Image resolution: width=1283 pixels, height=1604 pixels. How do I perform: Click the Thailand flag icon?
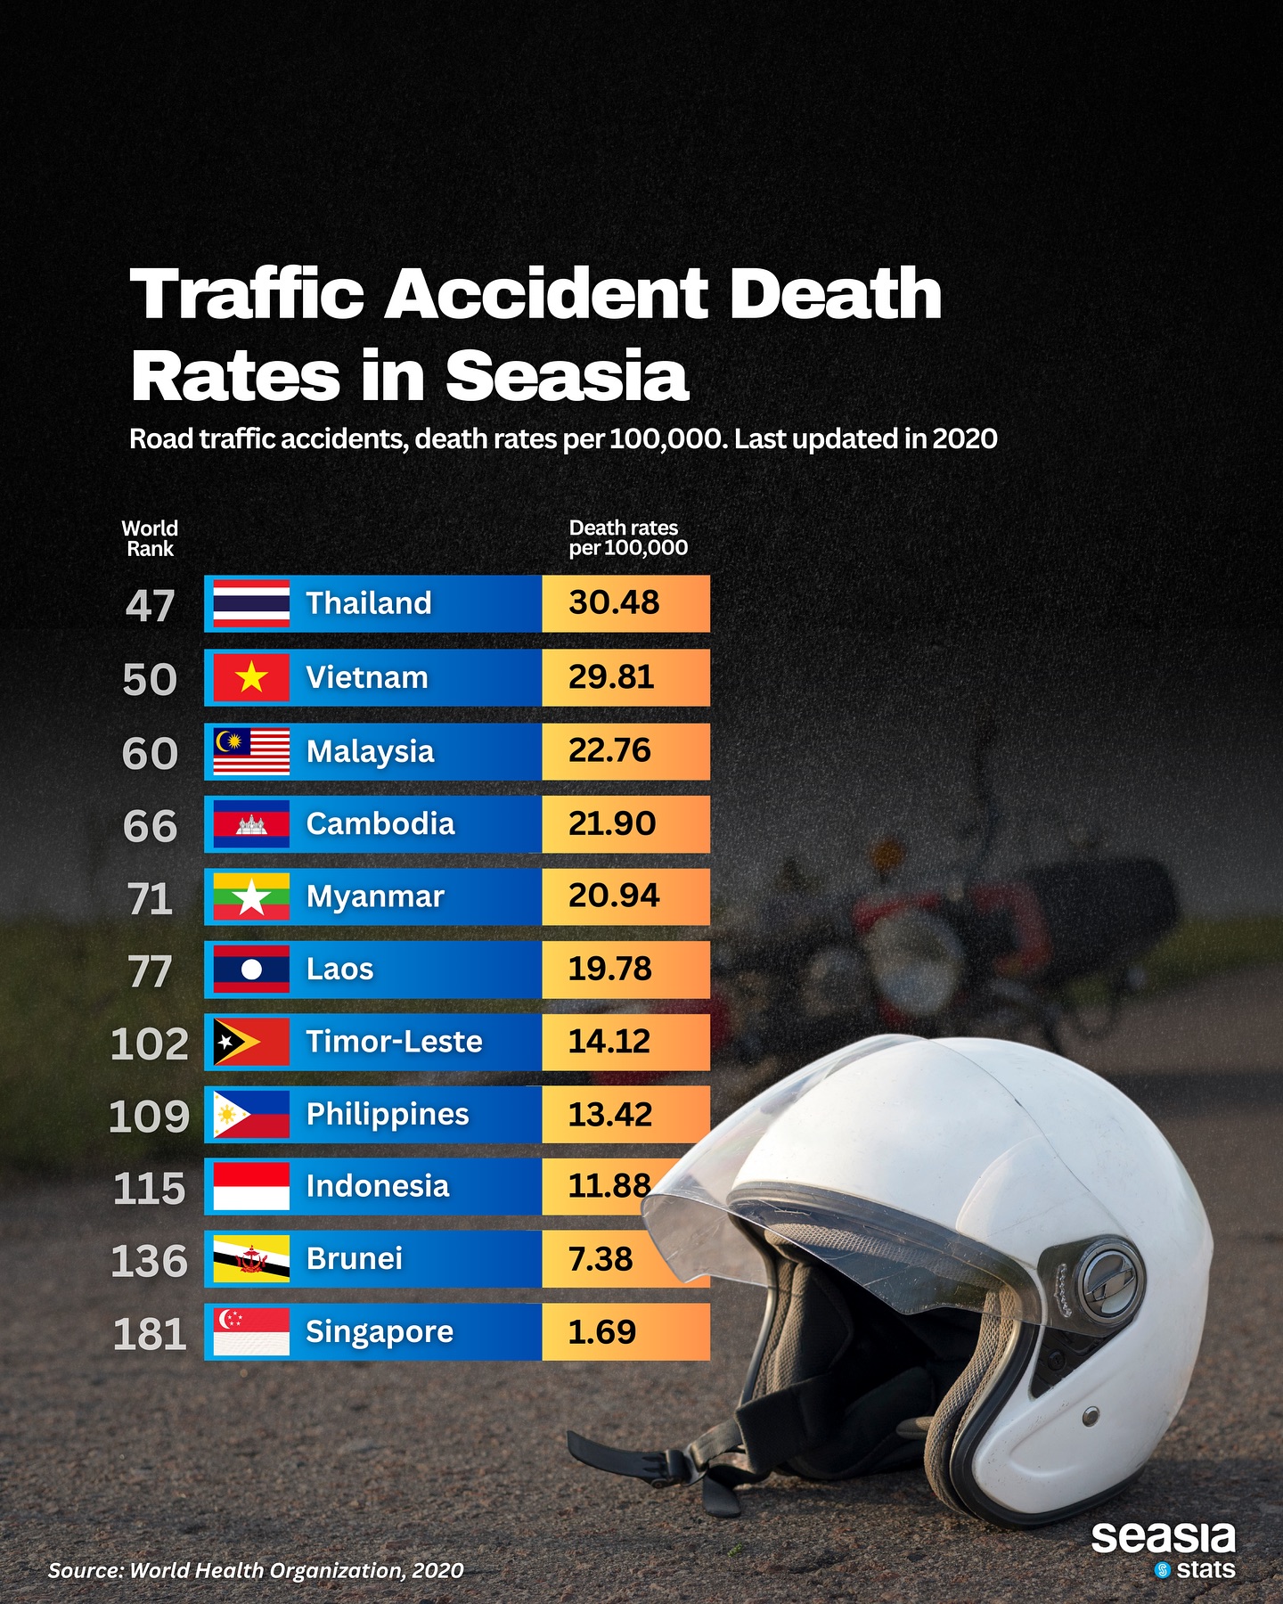[251, 603]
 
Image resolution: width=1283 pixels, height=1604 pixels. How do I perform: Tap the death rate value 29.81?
[611, 677]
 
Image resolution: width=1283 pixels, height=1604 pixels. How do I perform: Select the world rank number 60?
[150, 753]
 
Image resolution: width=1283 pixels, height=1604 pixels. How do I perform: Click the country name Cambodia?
[380, 823]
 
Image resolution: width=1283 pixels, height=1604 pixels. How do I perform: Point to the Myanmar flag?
[251, 896]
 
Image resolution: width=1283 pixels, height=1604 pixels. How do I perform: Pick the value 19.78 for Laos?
[610, 969]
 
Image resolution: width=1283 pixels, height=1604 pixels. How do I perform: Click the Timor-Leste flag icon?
[251, 1042]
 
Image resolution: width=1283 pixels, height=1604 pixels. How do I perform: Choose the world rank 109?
[149, 1116]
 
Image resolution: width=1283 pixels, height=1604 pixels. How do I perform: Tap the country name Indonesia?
[378, 1186]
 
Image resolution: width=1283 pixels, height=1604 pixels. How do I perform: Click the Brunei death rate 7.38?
[601, 1259]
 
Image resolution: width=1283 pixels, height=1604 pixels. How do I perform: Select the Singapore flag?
[251, 1331]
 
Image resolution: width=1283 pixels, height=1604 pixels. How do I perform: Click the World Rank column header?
[150, 538]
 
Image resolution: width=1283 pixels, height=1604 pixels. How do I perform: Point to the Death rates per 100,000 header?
[628, 538]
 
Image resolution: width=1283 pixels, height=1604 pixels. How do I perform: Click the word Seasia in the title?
[568, 375]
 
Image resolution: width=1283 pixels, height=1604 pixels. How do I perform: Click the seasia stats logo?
[1163, 1551]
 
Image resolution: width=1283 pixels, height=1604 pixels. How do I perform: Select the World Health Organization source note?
[256, 1570]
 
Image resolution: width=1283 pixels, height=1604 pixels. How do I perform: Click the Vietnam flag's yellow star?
[251, 677]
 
